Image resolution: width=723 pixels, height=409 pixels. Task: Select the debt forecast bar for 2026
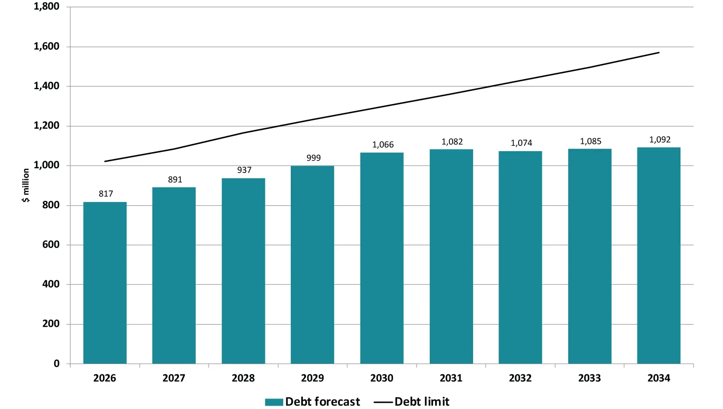pos(105,283)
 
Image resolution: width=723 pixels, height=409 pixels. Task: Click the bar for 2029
pos(312,265)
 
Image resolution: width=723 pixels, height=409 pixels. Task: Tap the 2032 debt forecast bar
pos(520,257)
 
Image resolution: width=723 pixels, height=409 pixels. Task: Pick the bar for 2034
pos(658,255)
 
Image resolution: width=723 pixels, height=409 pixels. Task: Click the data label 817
pos(106,194)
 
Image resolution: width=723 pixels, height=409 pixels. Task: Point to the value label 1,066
pos(383,145)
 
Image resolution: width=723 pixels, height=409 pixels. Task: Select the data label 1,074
pos(521,143)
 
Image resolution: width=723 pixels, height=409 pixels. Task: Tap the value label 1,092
pos(660,140)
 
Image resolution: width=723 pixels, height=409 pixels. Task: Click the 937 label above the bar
pos(244,170)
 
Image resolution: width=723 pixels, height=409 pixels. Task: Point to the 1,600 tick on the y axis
pos(46,46)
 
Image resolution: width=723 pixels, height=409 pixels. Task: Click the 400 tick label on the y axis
pos(50,284)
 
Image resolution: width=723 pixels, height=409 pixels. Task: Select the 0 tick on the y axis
pos(56,364)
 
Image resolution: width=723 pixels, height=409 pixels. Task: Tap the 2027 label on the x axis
pos(174,378)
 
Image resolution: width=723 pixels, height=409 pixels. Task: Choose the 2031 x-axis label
pos(451,378)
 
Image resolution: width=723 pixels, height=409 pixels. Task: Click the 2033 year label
pos(589,378)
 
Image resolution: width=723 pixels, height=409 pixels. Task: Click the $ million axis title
pos(26,185)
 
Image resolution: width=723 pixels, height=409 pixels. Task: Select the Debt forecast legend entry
pos(322,402)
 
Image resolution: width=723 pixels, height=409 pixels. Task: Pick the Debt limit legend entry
pos(421,402)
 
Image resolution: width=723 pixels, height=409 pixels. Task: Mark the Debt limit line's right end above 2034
pos(659,52)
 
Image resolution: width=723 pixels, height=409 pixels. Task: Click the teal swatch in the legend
pos(274,402)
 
